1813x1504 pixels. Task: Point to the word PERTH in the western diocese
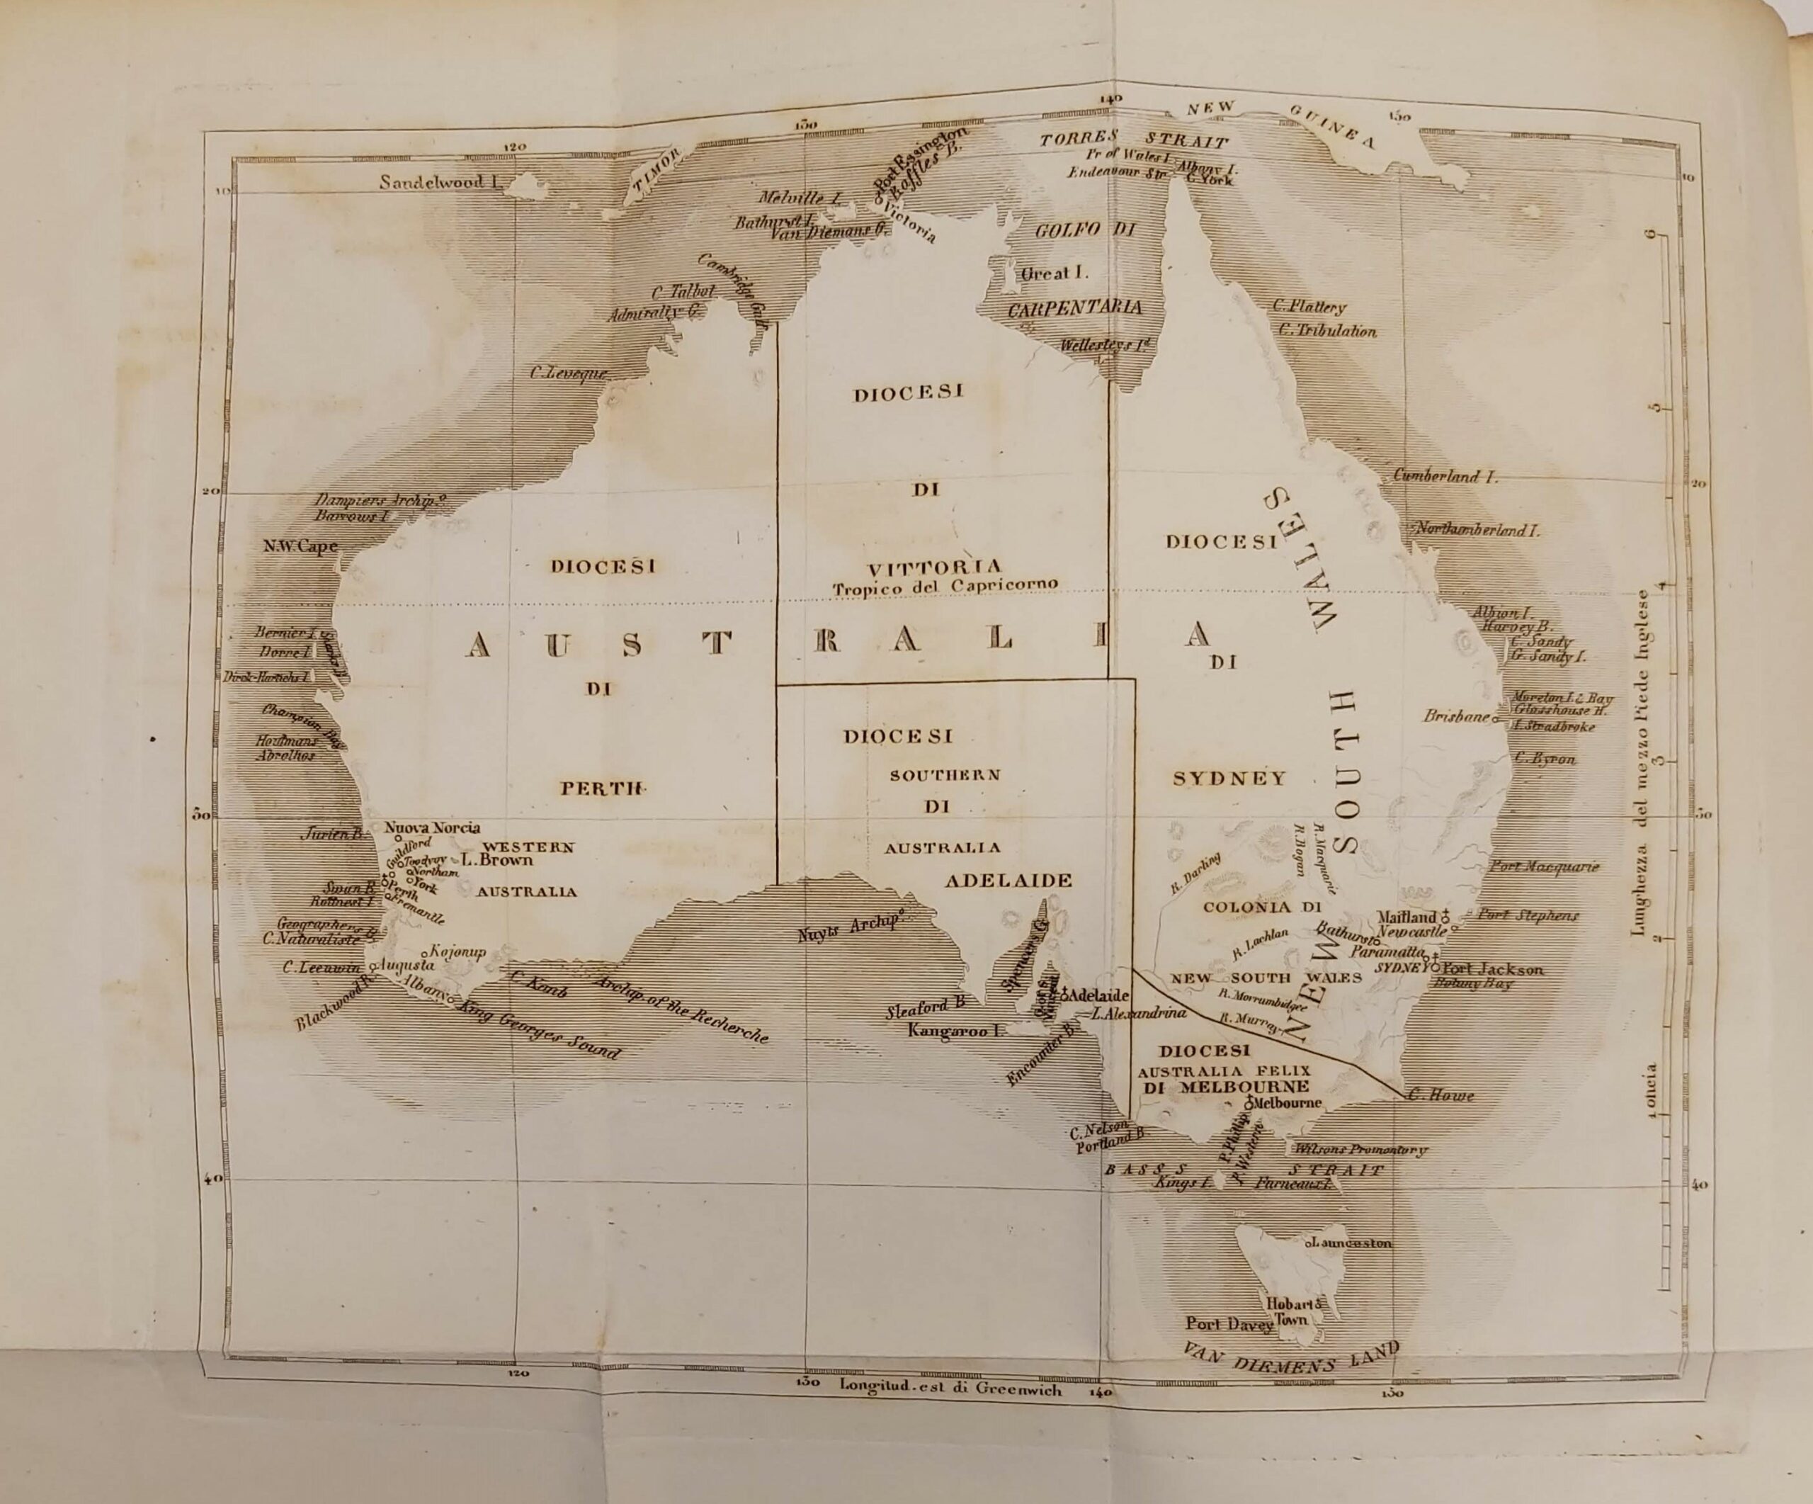click(603, 787)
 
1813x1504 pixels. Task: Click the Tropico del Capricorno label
click(945, 587)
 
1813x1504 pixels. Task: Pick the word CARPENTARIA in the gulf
click(1075, 308)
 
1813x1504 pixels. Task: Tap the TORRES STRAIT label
click(1134, 138)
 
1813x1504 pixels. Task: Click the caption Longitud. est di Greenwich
click(950, 1390)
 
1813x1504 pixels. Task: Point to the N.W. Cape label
click(300, 546)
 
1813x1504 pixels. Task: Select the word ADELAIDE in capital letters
click(1008, 881)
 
